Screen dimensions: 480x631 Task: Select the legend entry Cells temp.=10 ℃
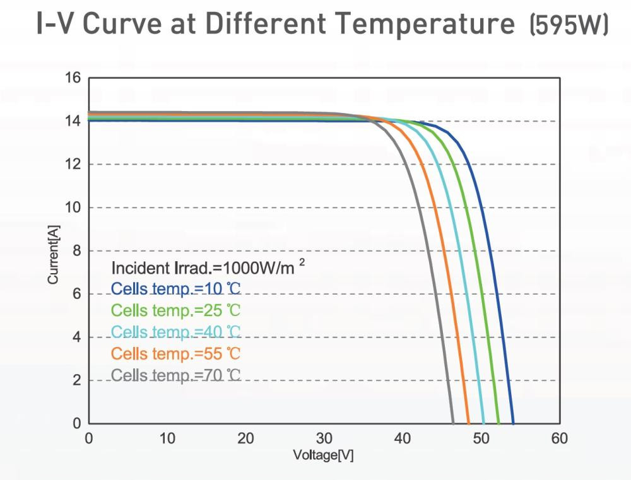(x=176, y=289)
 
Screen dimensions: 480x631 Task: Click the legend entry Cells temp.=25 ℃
(x=176, y=310)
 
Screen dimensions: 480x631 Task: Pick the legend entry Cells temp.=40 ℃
(x=176, y=332)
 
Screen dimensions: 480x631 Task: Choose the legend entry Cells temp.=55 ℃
(x=176, y=353)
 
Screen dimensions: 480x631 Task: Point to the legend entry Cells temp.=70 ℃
(x=176, y=375)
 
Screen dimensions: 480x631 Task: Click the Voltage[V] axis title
(x=324, y=455)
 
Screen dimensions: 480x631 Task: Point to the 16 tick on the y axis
(x=73, y=78)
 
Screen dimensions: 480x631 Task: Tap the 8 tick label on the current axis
(x=76, y=250)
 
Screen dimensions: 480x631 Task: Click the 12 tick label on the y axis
(x=73, y=164)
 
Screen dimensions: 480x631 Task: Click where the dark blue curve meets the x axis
(x=513, y=423)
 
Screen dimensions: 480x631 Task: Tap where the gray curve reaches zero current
(x=453, y=423)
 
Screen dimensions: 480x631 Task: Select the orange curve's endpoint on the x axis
(x=469, y=423)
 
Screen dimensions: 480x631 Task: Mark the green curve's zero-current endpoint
(x=498, y=423)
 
